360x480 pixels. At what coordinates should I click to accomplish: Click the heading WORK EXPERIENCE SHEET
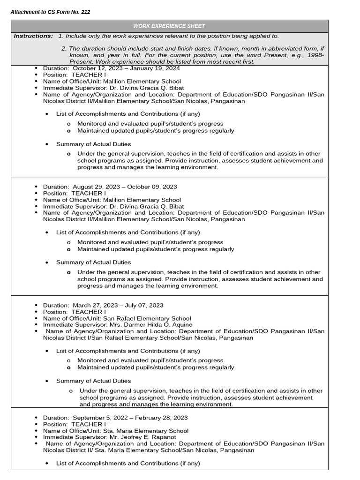coord(169,26)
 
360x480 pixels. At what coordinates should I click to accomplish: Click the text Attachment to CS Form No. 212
coord(50,12)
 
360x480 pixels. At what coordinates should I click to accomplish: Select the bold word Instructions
coord(33,36)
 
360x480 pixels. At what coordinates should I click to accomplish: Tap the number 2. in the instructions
coord(64,48)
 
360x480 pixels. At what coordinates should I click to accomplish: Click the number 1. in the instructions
coord(61,36)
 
